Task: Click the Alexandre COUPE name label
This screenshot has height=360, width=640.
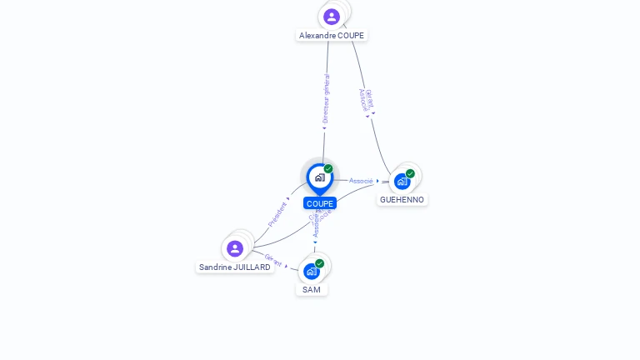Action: (332, 36)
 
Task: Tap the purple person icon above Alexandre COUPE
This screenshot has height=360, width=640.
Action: (332, 17)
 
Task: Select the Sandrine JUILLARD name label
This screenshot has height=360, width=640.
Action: (235, 267)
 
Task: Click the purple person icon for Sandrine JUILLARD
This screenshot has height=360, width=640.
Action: (235, 248)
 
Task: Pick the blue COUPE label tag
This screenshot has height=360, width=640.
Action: (320, 203)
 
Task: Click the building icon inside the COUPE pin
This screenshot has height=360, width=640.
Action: (319, 177)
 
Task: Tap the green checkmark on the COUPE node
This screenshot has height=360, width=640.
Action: (328, 168)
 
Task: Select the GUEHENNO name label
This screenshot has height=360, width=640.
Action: (402, 200)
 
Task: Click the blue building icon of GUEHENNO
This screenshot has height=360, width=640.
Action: (402, 182)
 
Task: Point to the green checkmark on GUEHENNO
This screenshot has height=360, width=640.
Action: (410, 173)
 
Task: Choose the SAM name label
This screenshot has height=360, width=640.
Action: (312, 290)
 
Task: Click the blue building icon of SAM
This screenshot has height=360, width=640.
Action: (311, 272)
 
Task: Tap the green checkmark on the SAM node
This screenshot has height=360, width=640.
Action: (319, 263)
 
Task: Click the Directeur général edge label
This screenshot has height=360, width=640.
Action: (326, 98)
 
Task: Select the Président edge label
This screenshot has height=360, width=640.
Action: (277, 214)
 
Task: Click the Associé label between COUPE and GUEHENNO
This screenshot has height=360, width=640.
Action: (361, 181)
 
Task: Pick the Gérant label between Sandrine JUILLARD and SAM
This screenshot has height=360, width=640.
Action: (273, 259)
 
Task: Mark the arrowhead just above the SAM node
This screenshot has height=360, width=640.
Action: (315, 243)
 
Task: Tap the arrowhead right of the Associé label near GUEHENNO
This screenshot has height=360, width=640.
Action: (377, 181)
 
